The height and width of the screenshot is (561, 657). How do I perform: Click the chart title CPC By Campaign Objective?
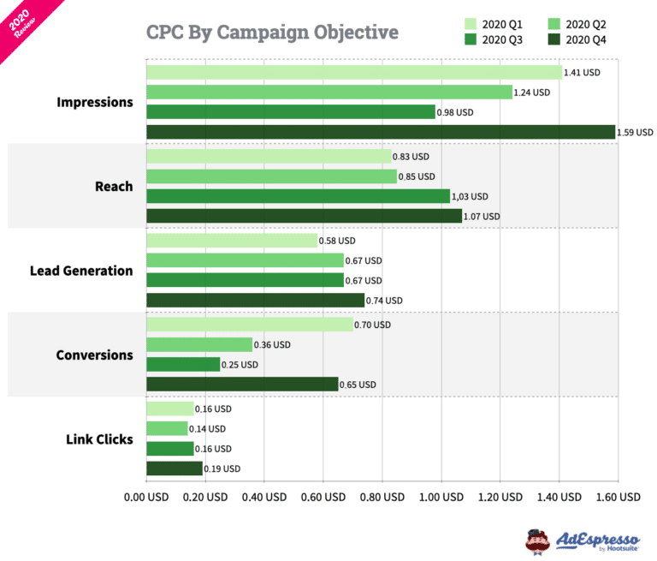(272, 33)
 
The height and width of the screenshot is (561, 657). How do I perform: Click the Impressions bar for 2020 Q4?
(381, 132)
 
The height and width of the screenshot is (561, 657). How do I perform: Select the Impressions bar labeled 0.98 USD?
(291, 111)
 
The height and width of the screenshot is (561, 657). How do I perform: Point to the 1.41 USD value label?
(582, 73)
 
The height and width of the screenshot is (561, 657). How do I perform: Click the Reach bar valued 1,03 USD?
(298, 196)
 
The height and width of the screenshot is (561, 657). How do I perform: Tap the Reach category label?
(114, 186)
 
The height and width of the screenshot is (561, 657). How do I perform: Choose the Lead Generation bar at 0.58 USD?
(232, 242)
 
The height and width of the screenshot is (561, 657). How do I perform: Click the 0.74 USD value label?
(385, 301)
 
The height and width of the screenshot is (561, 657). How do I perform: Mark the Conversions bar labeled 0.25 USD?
(183, 365)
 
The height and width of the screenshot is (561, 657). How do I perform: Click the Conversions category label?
(94, 355)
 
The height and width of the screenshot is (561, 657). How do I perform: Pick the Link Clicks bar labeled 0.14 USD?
(167, 428)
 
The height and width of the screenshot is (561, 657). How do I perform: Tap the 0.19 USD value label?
(222, 468)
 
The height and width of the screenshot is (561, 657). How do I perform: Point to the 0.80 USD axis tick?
(381, 497)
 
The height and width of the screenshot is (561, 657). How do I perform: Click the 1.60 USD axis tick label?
(617, 497)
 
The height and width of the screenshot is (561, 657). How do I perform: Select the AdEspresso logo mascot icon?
(537, 540)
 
